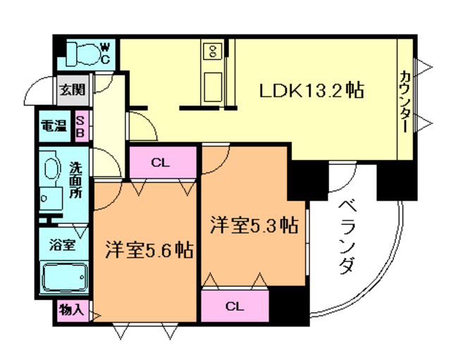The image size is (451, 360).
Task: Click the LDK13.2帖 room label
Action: [x=311, y=91]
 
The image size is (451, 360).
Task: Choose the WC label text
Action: [x=105, y=53]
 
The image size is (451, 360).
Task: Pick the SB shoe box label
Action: [x=80, y=127]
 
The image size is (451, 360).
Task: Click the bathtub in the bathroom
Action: [x=64, y=278]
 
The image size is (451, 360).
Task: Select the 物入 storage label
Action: [x=71, y=309]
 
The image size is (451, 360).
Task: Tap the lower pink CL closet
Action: [x=235, y=306]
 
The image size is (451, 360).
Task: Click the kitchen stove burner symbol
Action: [x=212, y=51]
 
